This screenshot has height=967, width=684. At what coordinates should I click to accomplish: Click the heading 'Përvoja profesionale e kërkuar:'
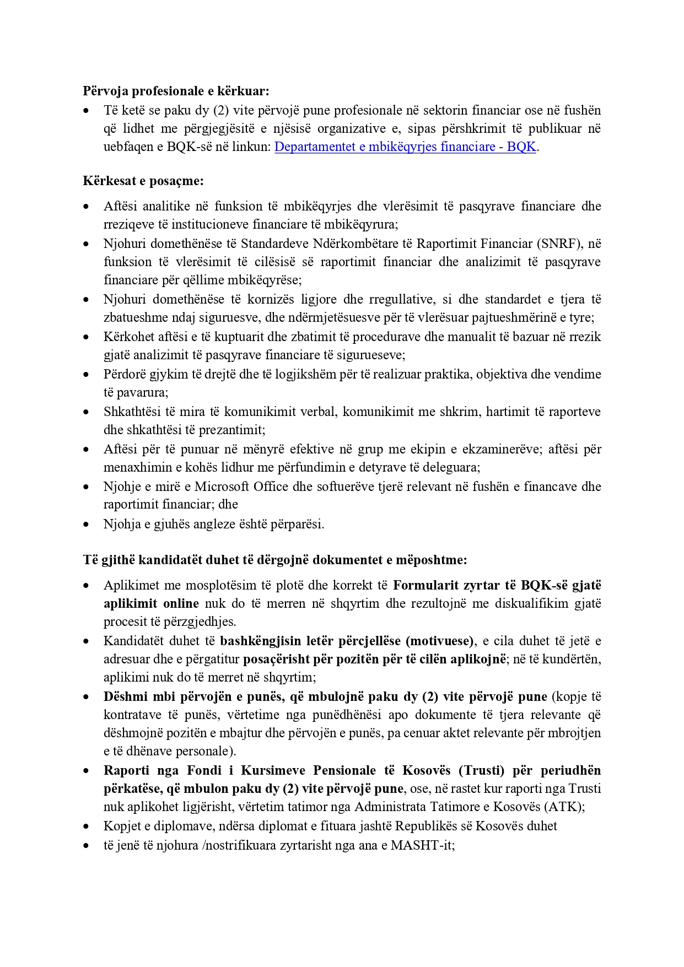pos(176,91)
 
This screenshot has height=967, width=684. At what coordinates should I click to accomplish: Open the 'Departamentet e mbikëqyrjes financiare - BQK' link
pos(405,147)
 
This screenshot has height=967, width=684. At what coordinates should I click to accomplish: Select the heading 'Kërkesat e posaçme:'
pos(143,181)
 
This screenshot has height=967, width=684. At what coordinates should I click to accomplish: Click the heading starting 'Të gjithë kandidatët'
pos(275,560)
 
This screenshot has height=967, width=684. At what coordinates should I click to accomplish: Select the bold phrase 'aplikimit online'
pos(152,603)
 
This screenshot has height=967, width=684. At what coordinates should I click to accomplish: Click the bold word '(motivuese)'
pos(440,641)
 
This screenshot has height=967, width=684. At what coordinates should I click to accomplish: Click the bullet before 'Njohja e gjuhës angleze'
pos(86,524)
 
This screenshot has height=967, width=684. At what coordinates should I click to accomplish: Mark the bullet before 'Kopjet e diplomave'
pos(86,826)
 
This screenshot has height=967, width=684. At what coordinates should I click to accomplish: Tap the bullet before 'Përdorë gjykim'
pos(86,374)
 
